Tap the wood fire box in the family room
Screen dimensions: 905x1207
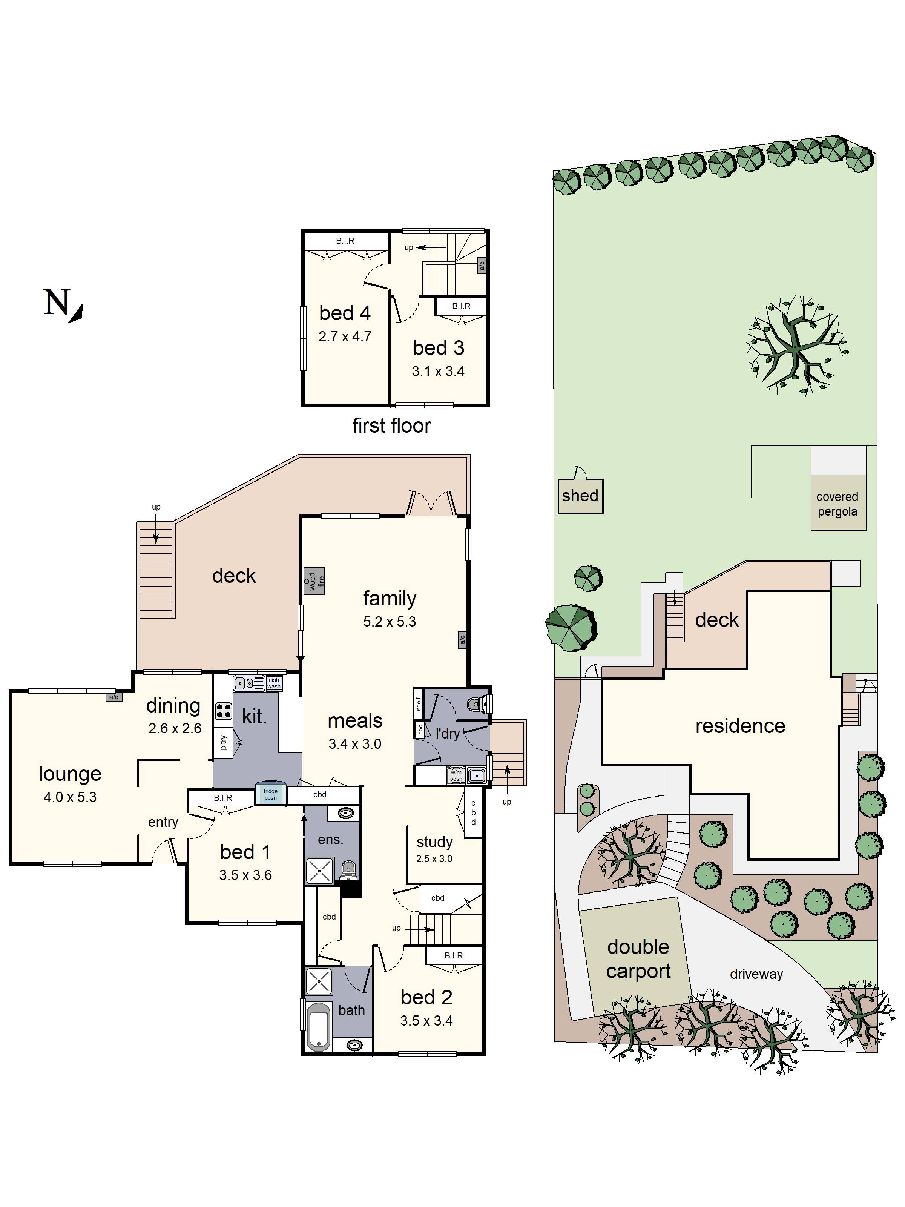pyautogui.click(x=314, y=580)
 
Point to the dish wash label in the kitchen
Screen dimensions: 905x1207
pyautogui.click(x=274, y=683)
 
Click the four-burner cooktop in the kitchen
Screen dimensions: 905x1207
pyautogui.click(x=223, y=711)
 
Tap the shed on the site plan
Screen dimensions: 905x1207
pyautogui.click(x=580, y=496)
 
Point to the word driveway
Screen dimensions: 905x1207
pyautogui.click(x=756, y=974)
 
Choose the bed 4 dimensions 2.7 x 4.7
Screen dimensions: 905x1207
pyautogui.click(x=345, y=337)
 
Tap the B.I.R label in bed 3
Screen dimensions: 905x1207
pyautogui.click(x=461, y=306)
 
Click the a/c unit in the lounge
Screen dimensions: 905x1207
pyautogui.click(x=114, y=697)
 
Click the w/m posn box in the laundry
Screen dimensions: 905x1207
pyautogui.click(x=456, y=775)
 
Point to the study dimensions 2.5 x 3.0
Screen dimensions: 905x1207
pyautogui.click(x=434, y=858)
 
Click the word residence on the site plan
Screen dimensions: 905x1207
pyautogui.click(x=740, y=726)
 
